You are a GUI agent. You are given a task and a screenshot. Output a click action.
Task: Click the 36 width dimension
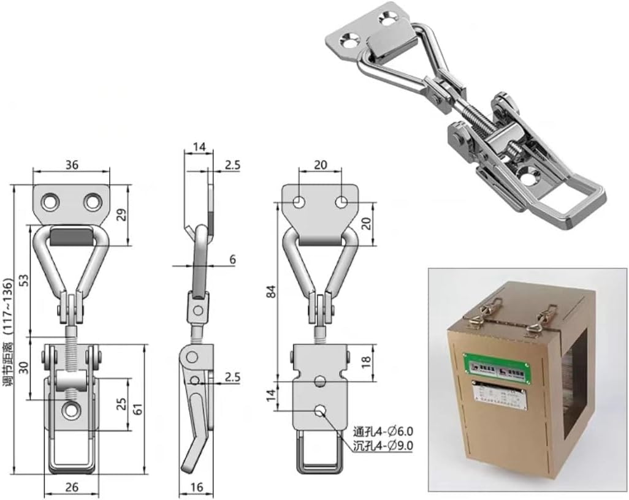coord(71,164)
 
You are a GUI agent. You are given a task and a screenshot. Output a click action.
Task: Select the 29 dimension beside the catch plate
coord(121,214)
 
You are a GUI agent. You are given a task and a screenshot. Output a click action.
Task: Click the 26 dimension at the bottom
coord(71,487)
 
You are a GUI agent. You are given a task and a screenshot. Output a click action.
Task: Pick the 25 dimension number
coord(121,404)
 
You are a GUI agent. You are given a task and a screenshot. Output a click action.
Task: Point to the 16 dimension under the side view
coord(197,487)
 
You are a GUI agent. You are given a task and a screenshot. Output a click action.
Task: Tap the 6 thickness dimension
coord(232,259)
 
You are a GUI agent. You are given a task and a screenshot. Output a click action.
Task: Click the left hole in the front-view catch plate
coord(48,202)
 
